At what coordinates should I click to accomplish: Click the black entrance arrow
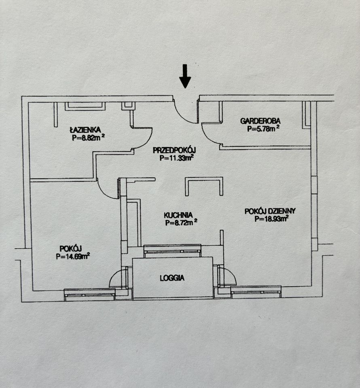coord(185,76)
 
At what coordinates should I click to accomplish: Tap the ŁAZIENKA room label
coord(85,130)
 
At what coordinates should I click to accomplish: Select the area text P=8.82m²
coord(88,138)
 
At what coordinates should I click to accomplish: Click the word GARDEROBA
coord(260,121)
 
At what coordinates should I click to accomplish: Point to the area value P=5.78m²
coord(263,129)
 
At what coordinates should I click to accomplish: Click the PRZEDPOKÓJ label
coord(174,150)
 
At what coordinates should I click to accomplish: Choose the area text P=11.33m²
coord(176,158)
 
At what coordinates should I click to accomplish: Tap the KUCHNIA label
coord(178,215)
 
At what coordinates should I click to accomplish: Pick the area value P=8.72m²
coord(181,223)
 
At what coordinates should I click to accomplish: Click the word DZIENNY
coord(282,211)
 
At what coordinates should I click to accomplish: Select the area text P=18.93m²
coord(271,219)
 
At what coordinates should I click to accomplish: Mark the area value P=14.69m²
coord(73,256)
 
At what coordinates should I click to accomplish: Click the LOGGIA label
coord(172,278)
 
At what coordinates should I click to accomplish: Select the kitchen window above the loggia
coord(172,251)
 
